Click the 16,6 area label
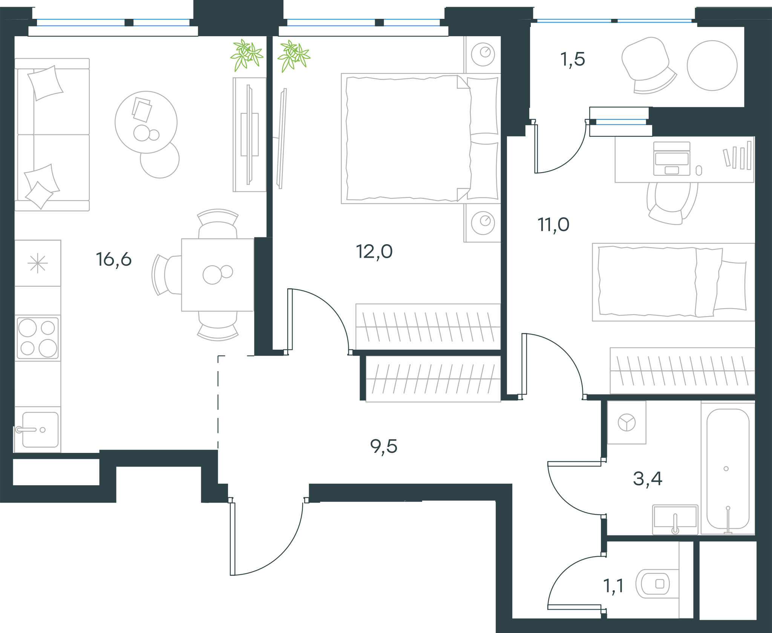point(113,260)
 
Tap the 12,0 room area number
point(374,252)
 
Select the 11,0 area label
point(553,225)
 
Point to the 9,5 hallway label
point(384,447)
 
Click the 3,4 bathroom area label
point(648,479)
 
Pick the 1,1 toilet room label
point(613,586)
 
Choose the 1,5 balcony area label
point(573,60)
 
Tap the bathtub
point(728,469)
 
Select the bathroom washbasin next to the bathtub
point(675,520)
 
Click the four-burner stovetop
point(38,338)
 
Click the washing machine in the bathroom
point(626,422)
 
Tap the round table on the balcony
point(712,66)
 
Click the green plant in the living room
point(247,55)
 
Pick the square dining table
point(218,275)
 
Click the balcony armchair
point(648,65)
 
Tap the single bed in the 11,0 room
point(673,282)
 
